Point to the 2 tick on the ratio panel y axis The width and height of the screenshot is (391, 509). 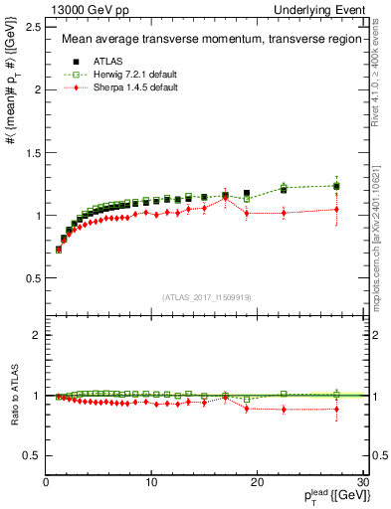pos(36,335)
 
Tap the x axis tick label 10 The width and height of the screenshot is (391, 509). pos(151,482)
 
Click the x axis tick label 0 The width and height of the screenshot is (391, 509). pos(46,482)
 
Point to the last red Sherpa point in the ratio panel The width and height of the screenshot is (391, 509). pos(336,409)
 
